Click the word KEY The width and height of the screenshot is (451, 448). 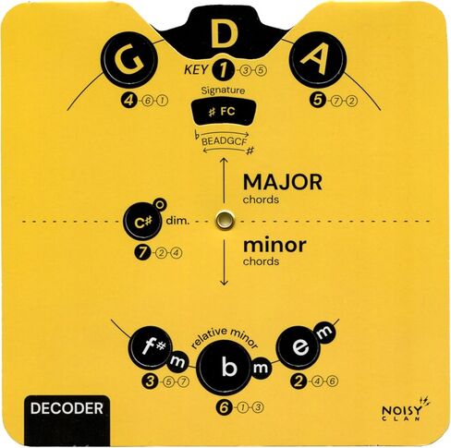pos(196,69)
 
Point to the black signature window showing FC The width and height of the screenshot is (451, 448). pos(224,112)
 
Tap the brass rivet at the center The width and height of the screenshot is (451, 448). pos(225,219)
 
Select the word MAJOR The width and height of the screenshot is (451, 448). pos(283,182)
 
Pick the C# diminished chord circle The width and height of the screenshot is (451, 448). pos(142,221)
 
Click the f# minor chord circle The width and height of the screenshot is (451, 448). pos(150,347)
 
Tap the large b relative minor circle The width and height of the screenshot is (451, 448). pos(227,367)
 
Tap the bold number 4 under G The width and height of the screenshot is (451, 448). pos(129,100)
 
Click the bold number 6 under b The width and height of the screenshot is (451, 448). pos(224,407)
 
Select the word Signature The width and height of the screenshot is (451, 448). pos(223,91)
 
